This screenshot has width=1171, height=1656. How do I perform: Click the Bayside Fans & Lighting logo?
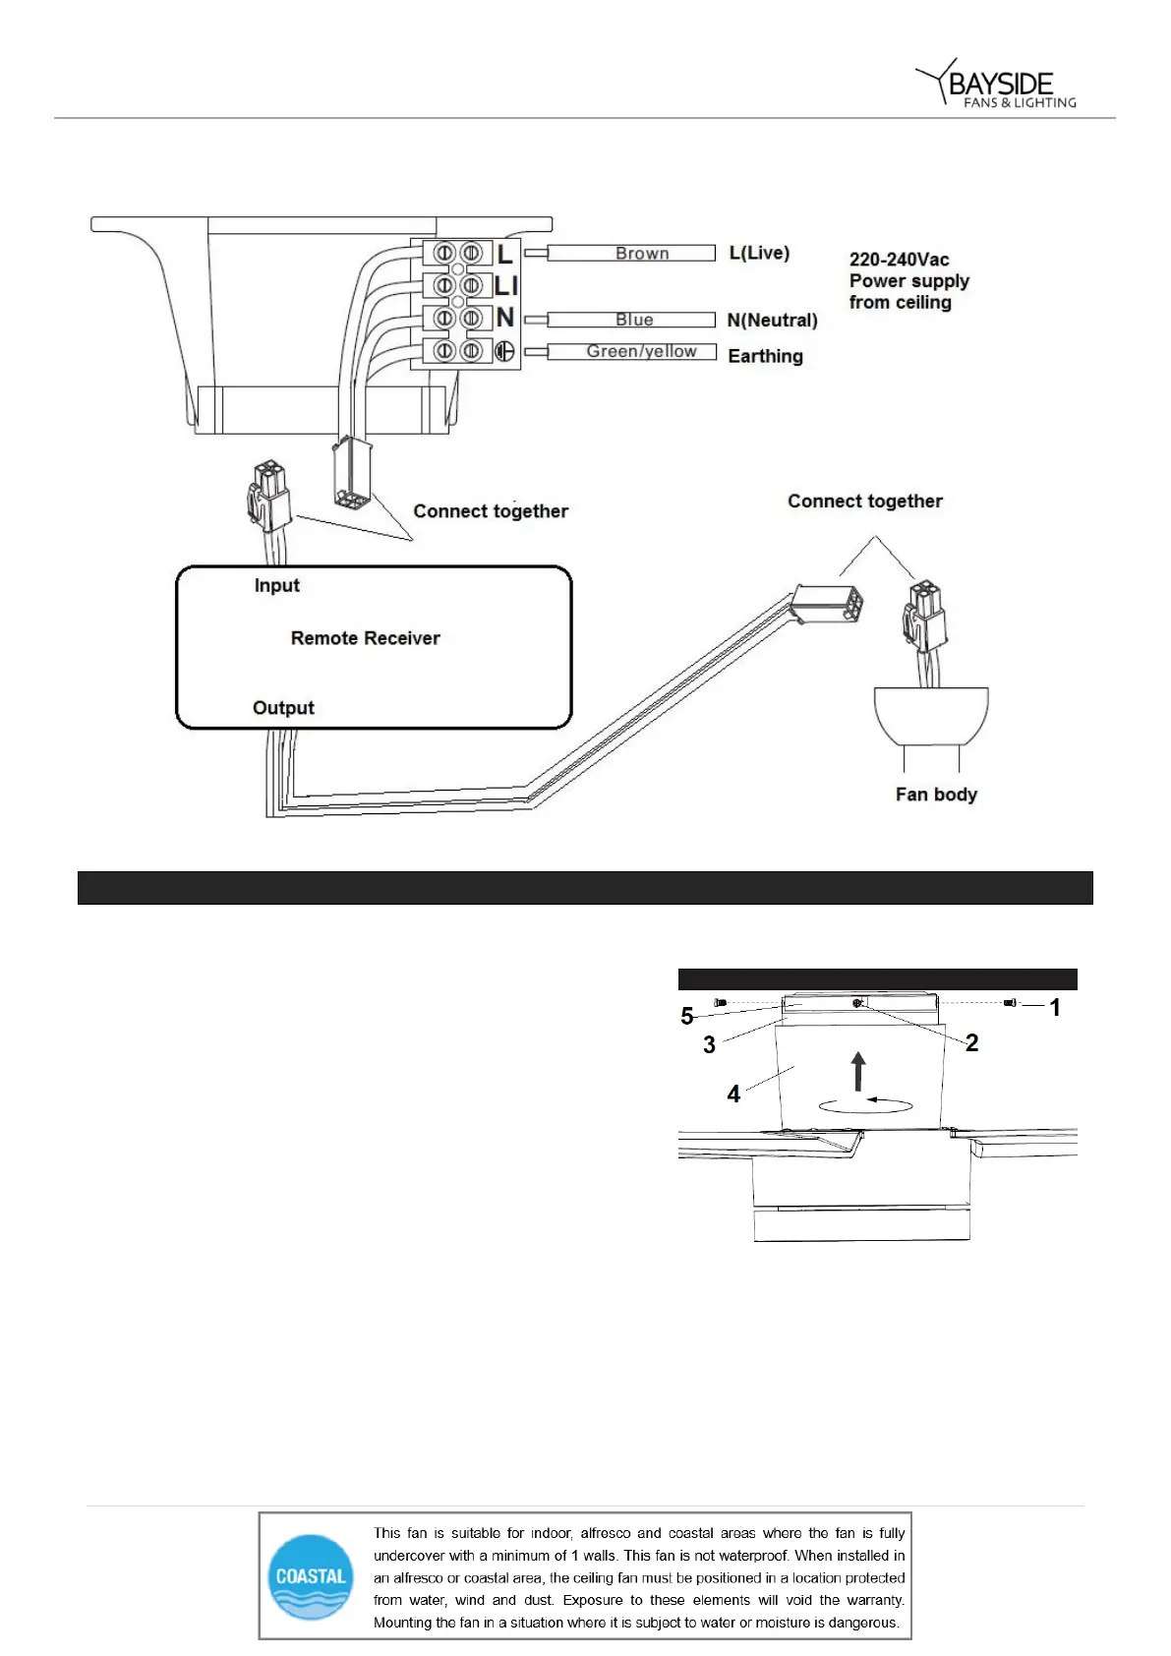coord(997,85)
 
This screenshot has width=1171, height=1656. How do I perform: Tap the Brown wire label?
coord(641,254)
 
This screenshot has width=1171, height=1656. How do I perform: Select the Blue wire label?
coord(634,320)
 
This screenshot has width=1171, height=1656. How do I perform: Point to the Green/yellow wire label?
coord(641,351)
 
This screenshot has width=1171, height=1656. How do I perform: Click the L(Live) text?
coord(759,253)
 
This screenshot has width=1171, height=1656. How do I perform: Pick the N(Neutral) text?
coord(772,320)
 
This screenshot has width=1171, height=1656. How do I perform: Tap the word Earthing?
coord(765,356)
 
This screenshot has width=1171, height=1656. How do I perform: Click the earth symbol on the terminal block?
coord(504,351)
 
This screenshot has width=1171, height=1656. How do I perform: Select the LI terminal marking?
coord(505,286)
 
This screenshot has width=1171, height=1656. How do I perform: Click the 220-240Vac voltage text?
coord(899,260)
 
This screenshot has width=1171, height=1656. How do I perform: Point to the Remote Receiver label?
coord(365,638)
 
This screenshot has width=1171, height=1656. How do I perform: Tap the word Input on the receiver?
coord(276,585)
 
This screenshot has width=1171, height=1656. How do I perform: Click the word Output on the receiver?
coord(283,708)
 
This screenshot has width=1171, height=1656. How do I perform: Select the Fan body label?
coord(936,795)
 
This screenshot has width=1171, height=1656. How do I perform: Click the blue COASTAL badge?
coord(311,1576)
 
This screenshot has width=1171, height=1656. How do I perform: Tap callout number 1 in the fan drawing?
coord(1055,1008)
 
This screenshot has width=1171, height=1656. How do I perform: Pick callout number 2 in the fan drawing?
coord(971,1043)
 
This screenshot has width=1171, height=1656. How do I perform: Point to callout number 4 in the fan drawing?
coord(733,1094)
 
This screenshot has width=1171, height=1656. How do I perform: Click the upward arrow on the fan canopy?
coord(858,1071)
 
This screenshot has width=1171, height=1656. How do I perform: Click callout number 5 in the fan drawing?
coord(687,1016)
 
